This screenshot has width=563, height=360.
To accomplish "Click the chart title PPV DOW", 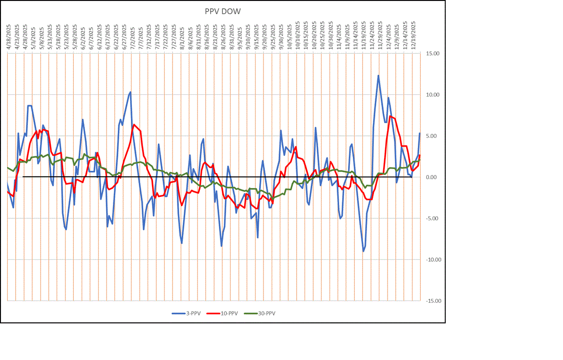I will click(222, 11).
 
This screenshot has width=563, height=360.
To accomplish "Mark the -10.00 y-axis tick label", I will click(432, 260).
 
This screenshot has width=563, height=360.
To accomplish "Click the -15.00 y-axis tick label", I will click(432, 301).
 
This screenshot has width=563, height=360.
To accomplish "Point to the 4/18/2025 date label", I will click(9, 35).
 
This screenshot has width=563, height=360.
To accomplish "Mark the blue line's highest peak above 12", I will click(378, 75).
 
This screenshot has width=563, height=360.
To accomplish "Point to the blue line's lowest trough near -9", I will click(363, 251).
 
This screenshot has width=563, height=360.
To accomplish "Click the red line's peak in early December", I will click(390, 116).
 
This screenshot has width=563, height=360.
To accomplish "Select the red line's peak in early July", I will click(133, 125).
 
